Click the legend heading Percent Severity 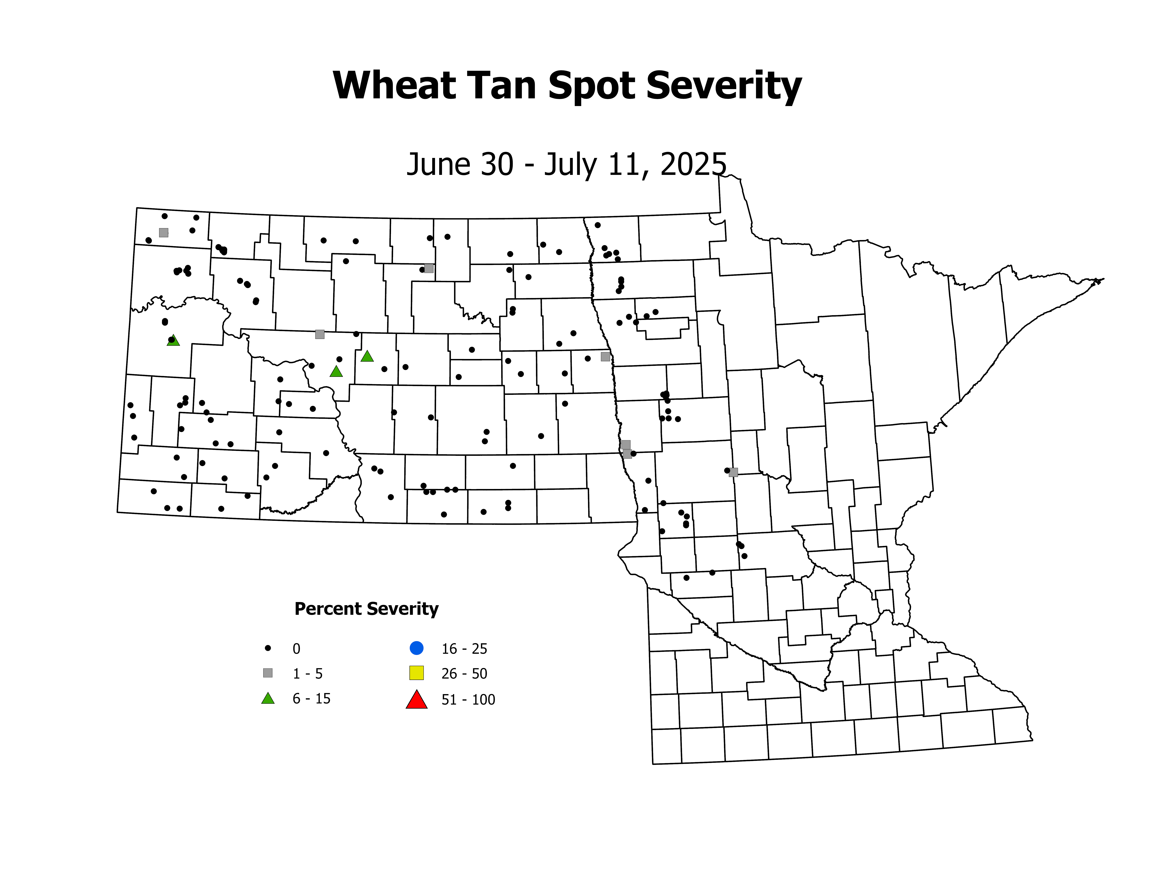pyautogui.click(x=366, y=609)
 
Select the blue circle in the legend pyautogui.click(x=416, y=648)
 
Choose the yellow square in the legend pyautogui.click(x=416, y=673)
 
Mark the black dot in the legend pyautogui.click(x=268, y=648)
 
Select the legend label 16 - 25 pyautogui.click(x=464, y=649)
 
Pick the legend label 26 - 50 pyautogui.click(x=464, y=673)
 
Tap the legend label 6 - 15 pyautogui.click(x=311, y=699)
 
